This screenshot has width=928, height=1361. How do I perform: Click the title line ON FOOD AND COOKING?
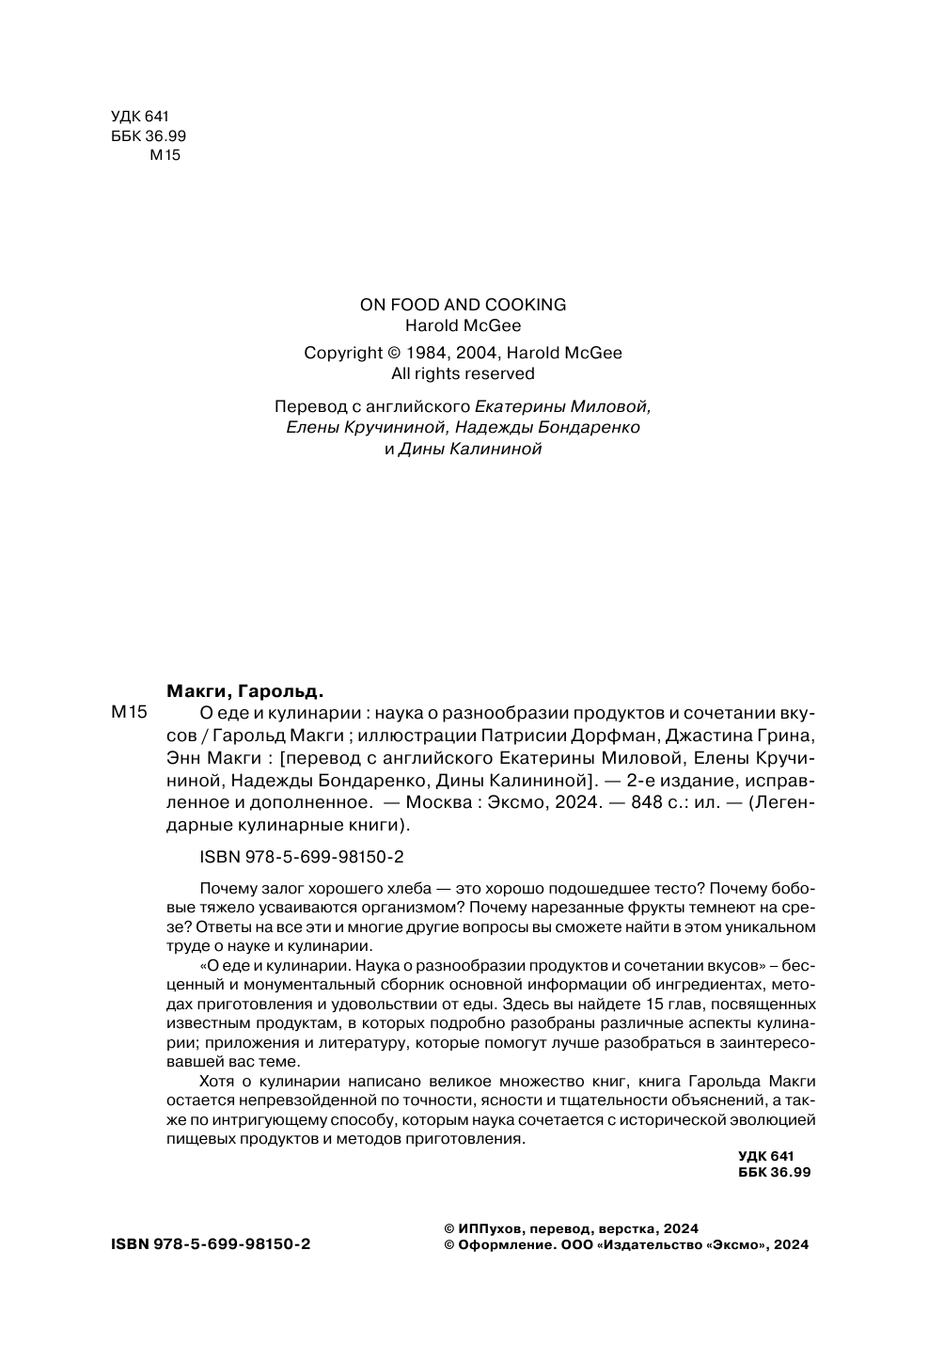pos(463,305)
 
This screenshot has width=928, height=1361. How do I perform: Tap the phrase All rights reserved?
pos(463,373)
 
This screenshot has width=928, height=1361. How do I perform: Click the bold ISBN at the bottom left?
pos(211,1243)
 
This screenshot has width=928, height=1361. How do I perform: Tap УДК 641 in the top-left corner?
pos(138,117)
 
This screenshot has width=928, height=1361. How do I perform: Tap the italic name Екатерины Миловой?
pos(562,407)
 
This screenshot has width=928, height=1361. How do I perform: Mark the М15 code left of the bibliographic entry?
pos(130,713)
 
